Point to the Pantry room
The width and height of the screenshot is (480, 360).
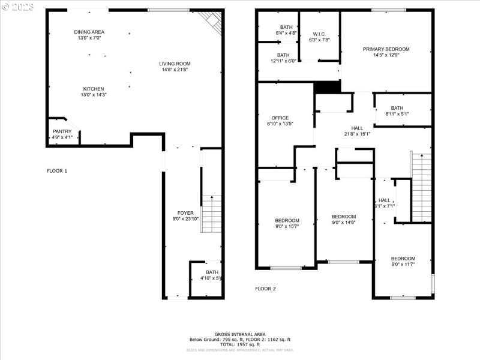(x=62, y=134)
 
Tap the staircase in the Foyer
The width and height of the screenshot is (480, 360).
(x=211, y=215)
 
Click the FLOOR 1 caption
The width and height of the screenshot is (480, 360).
(x=57, y=171)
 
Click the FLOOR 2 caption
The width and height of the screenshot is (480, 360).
(x=265, y=289)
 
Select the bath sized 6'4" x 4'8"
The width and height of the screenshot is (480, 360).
(x=286, y=30)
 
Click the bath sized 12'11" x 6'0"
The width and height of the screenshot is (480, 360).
(x=283, y=58)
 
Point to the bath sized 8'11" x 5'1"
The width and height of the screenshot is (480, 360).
(x=397, y=110)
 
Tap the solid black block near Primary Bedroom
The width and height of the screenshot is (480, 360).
(x=327, y=87)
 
